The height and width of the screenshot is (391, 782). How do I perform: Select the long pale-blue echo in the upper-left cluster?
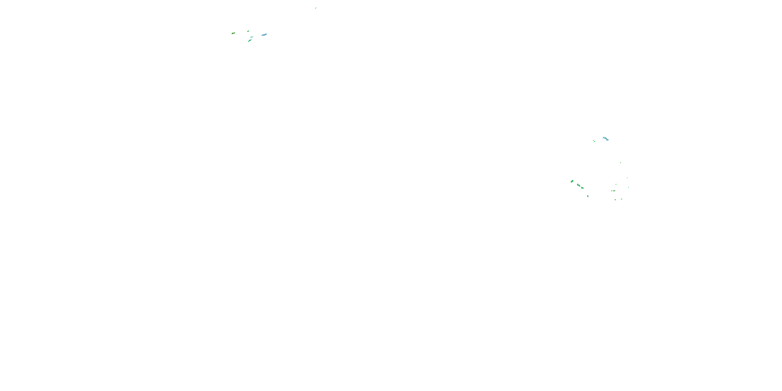[x=264, y=35]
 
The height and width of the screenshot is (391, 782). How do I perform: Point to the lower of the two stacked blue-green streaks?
[x=249, y=40]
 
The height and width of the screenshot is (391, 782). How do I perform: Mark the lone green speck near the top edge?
[x=316, y=8]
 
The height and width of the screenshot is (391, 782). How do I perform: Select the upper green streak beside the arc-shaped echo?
[x=594, y=140]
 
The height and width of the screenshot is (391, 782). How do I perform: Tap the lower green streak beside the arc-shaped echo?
[x=594, y=142]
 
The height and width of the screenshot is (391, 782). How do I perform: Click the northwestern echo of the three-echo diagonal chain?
[x=572, y=181]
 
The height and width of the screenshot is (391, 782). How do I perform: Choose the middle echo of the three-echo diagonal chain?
[x=579, y=185]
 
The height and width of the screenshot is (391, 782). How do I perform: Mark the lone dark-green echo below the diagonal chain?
[x=588, y=196]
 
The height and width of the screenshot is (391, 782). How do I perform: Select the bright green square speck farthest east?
[x=628, y=187]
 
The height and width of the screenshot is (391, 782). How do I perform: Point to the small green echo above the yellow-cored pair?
[x=616, y=184]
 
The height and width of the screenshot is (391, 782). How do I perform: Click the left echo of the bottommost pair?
[x=616, y=200]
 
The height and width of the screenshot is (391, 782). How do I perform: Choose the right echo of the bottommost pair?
[x=621, y=199]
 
